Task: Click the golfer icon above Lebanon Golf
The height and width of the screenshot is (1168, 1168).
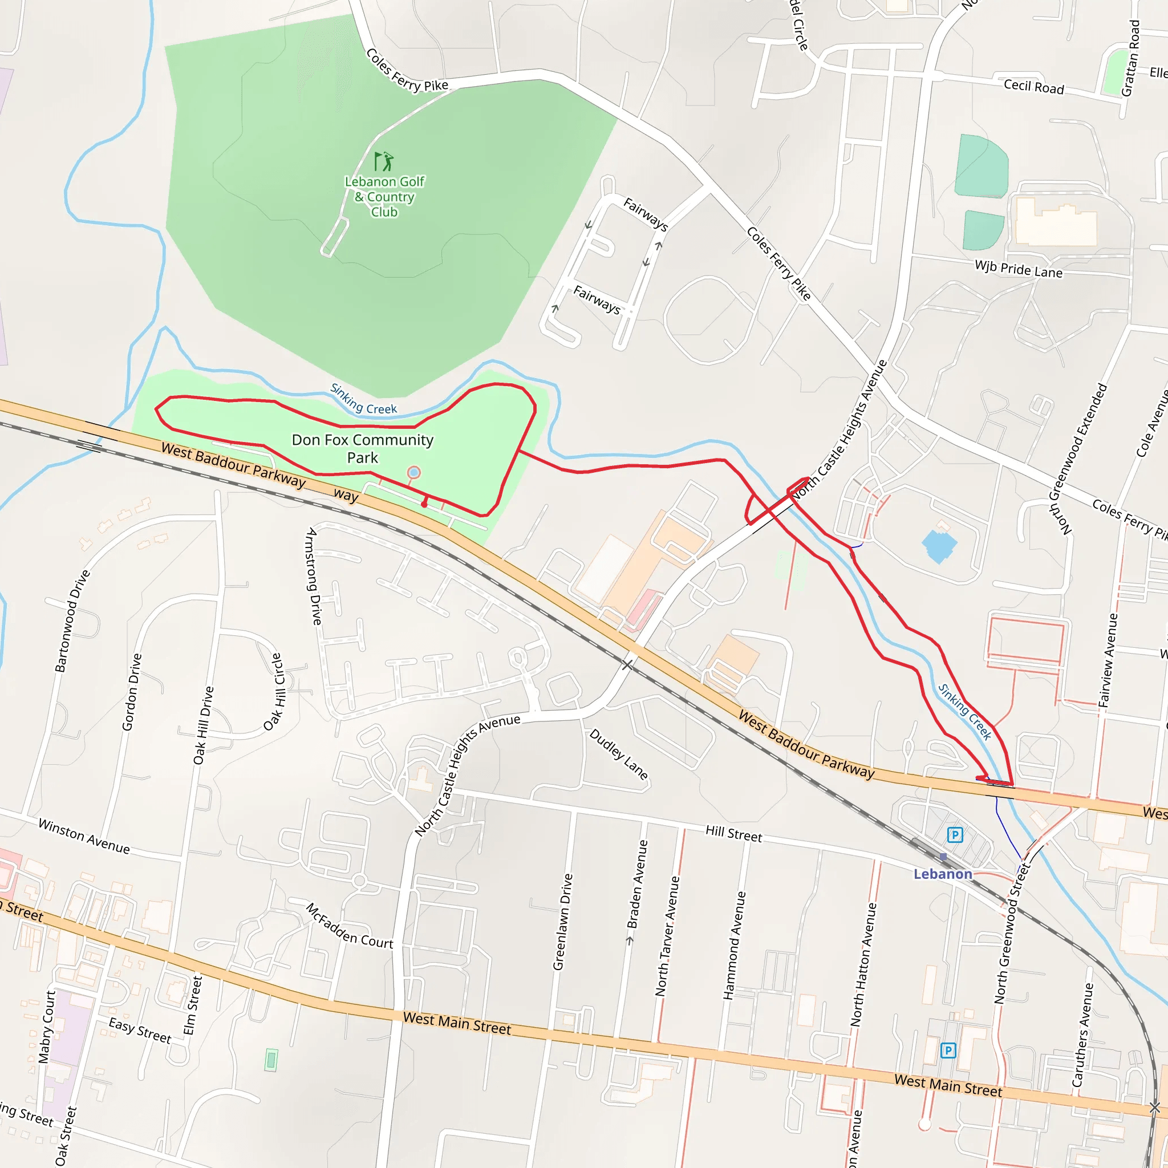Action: pyautogui.click(x=383, y=161)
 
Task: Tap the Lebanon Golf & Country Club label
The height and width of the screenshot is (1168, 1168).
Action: pyautogui.click(x=384, y=197)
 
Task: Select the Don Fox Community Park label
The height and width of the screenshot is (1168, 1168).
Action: pyautogui.click(x=362, y=449)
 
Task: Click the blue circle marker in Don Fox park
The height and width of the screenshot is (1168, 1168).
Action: pyautogui.click(x=413, y=472)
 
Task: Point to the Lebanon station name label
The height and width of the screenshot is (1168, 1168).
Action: pyautogui.click(x=943, y=874)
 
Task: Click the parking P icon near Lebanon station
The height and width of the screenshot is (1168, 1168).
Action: pyautogui.click(x=955, y=835)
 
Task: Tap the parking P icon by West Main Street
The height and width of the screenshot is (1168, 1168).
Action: pyautogui.click(x=948, y=1050)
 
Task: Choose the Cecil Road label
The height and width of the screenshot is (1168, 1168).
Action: pyautogui.click(x=1034, y=87)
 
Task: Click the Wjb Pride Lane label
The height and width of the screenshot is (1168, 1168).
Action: pyautogui.click(x=1019, y=269)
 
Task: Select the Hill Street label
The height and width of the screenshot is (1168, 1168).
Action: pyautogui.click(x=734, y=834)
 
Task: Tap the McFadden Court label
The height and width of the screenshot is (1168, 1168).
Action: pyautogui.click(x=350, y=926)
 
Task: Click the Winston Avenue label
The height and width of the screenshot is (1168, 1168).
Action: pyautogui.click(x=84, y=836)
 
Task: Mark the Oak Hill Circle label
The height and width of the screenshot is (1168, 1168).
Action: pyautogui.click(x=274, y=692)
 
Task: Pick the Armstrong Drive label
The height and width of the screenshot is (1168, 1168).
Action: pyautogui.click(x=313, y=576)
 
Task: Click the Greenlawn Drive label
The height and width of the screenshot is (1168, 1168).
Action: pyautogui.click(x=562, y=922)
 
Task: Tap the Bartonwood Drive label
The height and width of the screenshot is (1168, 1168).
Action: pyautogui.click(x=72, y=621)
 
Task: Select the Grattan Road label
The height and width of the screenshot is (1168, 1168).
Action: pyautogui.click(x=1130, y=58)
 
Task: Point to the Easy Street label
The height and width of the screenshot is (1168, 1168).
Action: pyautogui.click(x=140, y=1030)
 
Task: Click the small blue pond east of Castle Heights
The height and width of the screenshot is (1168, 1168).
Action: pyautogui.click(x=939, y=545)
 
